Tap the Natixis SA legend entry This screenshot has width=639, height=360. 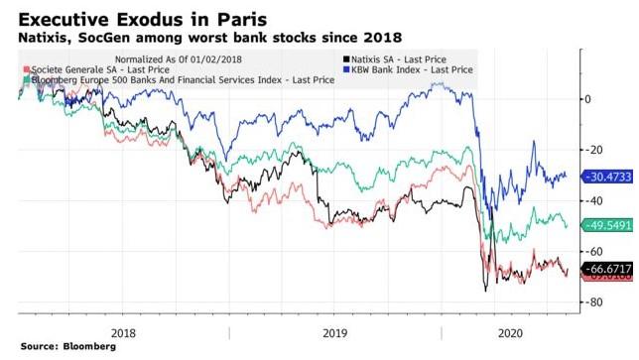tap(395, 60)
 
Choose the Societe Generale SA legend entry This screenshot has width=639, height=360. tap(84, 72)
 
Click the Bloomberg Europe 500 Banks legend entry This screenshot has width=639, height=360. tap(151, 83)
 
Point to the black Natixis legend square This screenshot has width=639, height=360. tap(342, 60)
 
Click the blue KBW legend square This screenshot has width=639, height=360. tap(342, 72)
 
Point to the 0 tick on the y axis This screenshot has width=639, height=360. tap(589, 99)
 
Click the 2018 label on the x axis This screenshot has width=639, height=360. tap(124, 332)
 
